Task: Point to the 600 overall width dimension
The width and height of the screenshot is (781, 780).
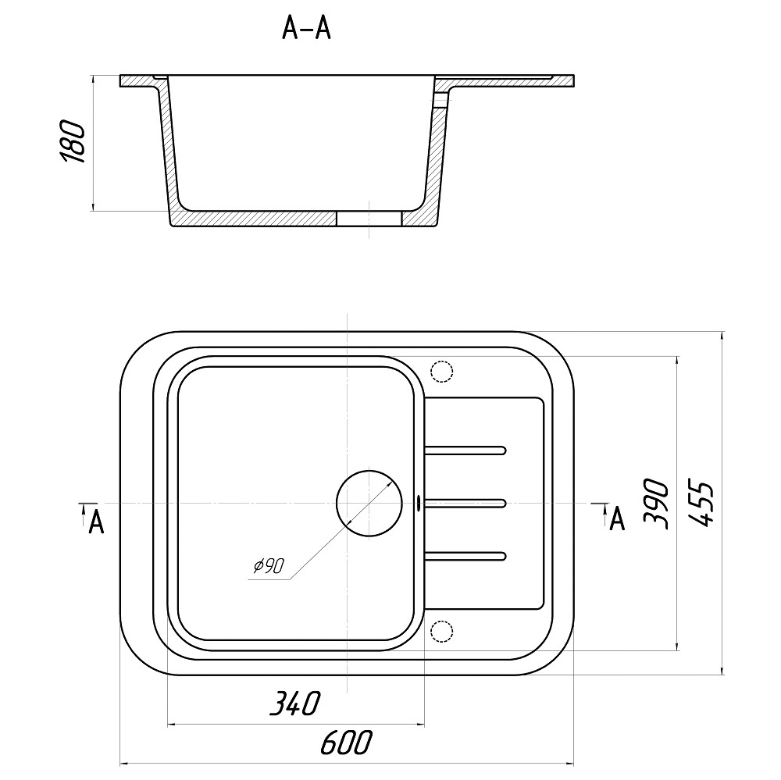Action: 346,743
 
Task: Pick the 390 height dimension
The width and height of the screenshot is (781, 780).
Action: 655,504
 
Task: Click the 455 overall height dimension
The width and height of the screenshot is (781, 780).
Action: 701,504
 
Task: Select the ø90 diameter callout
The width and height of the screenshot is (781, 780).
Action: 269,565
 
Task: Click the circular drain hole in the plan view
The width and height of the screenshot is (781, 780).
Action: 369,504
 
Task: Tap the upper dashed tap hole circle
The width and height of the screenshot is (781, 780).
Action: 441,371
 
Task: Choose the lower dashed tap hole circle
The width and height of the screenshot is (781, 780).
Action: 441,632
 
